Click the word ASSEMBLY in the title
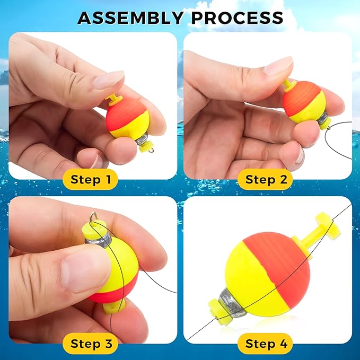(x=130, y=18)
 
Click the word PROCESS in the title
(x=238, y=18)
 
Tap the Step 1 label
(x=91, y=179)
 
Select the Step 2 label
(x=266, y=179)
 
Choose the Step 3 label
(x=91, y=344)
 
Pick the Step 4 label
(x=266, y=344)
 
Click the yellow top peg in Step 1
(x=115, y=99)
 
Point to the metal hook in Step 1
(x=151, y=150)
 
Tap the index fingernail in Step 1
(x=109, y=80)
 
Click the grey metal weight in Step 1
(x=142, y=138)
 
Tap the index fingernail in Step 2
(x=278, y=66)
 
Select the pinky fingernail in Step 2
(x=300, y=156)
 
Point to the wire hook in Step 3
(x=94, y=216)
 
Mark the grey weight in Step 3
(x=98, y=241)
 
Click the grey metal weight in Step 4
(x=231, y=303)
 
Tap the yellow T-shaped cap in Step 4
(x=321, y=231)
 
